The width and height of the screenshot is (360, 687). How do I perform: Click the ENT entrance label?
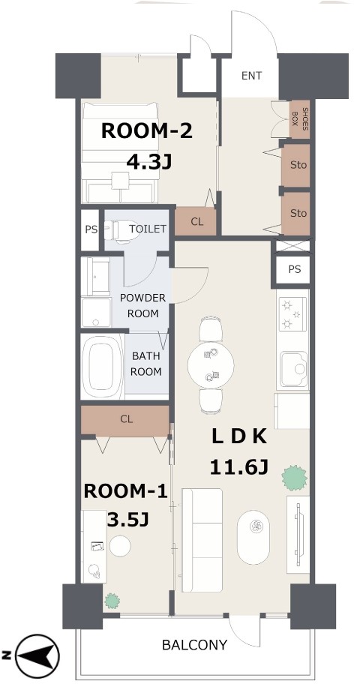(x=251, y=76)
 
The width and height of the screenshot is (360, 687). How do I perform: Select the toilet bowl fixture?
(x=121, y=231)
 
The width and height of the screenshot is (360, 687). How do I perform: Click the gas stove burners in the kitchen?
(x=292, y=313)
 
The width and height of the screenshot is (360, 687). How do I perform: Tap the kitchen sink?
(x=294, y=370)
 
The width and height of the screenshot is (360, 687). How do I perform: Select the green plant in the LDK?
(x=294, y=478)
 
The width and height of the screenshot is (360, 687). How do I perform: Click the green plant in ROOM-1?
(x=112, y=601)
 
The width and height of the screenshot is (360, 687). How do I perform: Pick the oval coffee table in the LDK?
(x=253, y=537)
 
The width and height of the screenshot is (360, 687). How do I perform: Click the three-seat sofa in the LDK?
(x=202, y=540)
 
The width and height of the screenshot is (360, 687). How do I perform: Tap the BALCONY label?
(x=194, y=645)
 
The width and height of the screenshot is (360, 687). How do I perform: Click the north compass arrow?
(x=37, y=656)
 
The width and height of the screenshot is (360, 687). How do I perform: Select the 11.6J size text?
(x=238, y=467)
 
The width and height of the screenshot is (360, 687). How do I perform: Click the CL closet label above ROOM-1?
(x=127, y=419)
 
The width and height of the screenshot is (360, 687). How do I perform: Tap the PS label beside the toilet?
(x=91, y=229)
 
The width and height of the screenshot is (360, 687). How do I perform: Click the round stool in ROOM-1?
(x=119, y=546)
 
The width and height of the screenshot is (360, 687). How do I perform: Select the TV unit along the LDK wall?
(x=298, y=534)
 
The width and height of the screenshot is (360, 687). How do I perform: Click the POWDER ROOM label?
(x=142, y=306)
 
